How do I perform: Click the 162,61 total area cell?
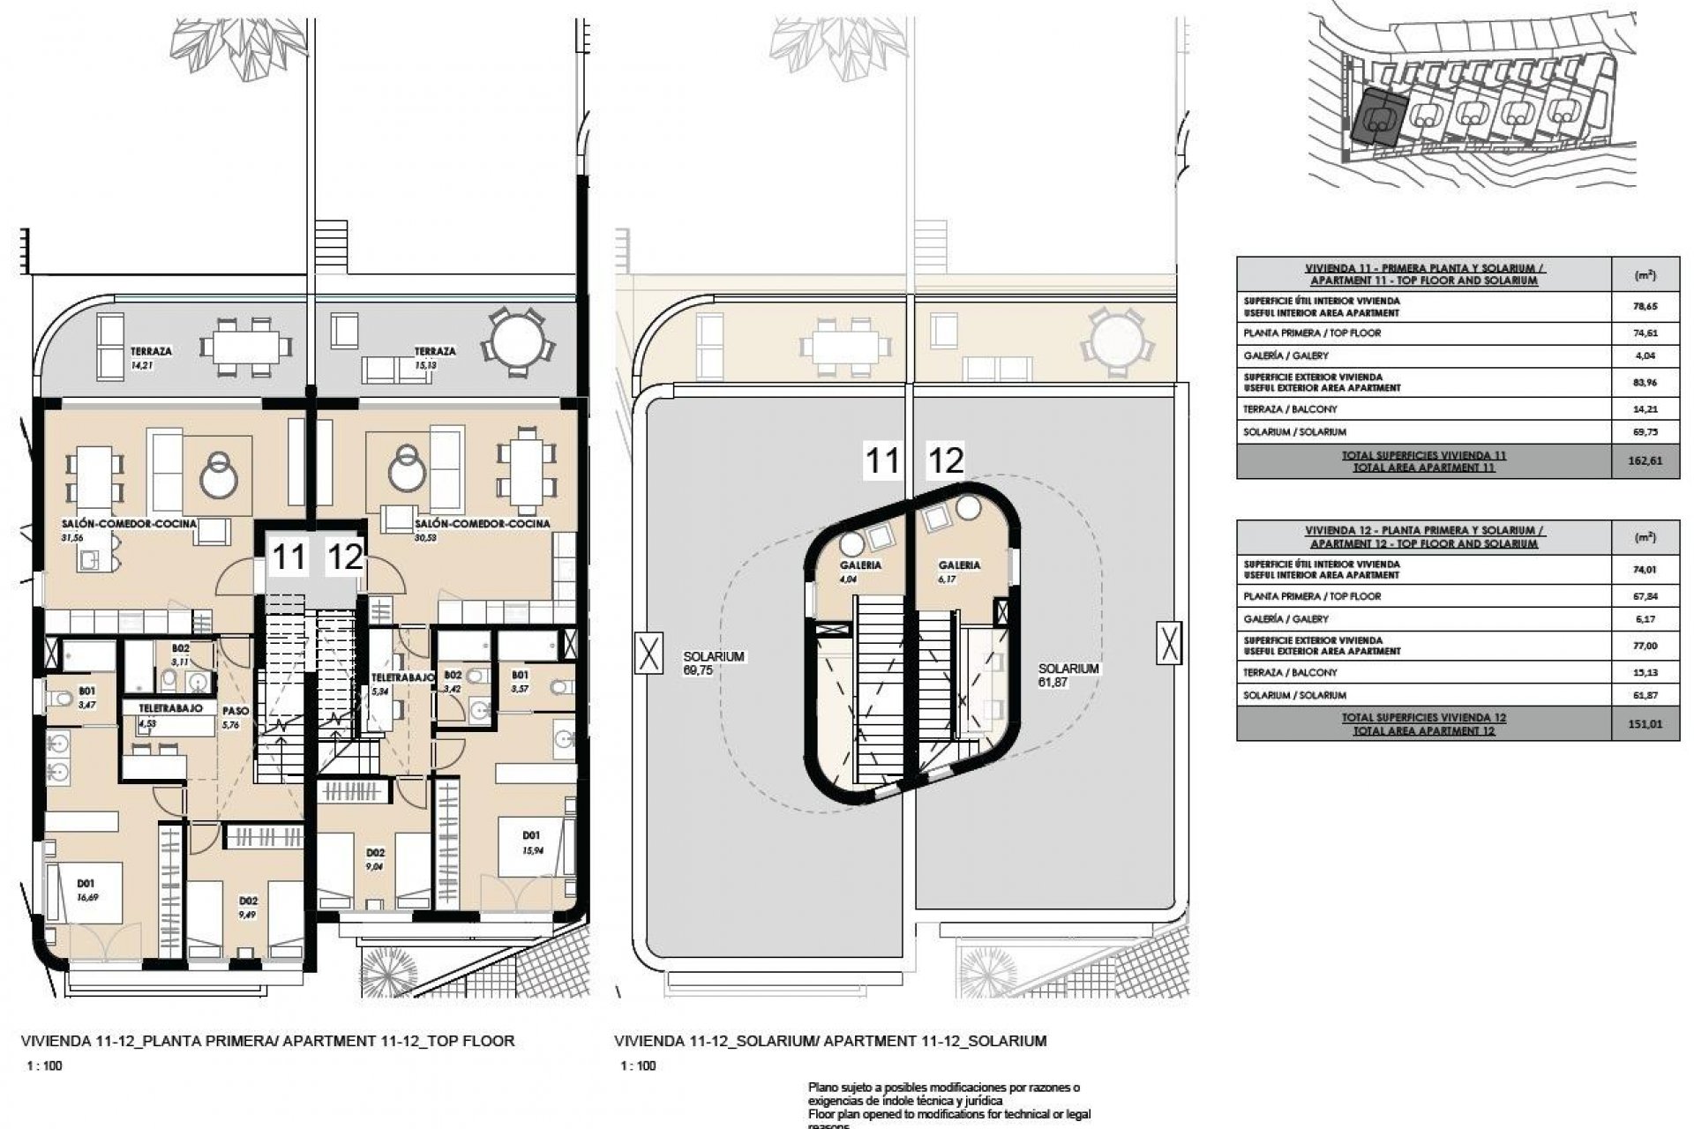pyautogui.click(x=1645, y=461)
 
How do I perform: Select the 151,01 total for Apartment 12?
pyautogui.click(x=1645, y=724)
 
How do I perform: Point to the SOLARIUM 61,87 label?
pyautogui.click(x=1068, y=675)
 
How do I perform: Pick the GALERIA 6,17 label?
pyautogui.click(x=959, y=572)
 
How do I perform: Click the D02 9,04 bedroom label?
pyautogui.click(x=376, y=859)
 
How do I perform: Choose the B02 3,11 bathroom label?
pyautogui.click(x=181, y=654)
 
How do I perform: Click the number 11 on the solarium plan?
pyautogui.click(x=881, y=460)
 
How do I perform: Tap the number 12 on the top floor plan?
pyautogui.click(x=345, y=557)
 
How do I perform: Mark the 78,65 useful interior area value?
pyautogui.click(x=1645, y=306)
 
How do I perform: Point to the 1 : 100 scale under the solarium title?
pyautogui.click(x=639, y=1065)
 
